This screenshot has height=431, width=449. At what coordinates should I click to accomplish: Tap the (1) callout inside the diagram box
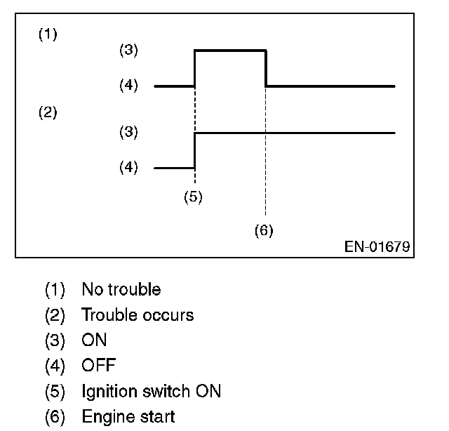(47, 34)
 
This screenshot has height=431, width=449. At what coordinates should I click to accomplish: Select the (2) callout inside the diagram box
(47, 112)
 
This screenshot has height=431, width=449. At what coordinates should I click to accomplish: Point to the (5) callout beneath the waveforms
(193, 197)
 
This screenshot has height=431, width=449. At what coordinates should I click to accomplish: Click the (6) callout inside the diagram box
(264, 230)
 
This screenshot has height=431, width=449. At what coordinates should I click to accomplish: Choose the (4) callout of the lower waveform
(129, 168)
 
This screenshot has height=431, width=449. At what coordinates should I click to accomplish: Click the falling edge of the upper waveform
(266, 68)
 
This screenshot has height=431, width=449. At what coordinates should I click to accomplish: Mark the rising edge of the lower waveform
(194, 150)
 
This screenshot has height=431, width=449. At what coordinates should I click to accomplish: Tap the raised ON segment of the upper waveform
(230, 50)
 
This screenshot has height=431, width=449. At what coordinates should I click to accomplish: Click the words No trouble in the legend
(121, 289)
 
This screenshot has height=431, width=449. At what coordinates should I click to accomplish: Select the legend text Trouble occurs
(138, 314)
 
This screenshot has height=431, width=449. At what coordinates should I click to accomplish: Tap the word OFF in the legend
(98, 365)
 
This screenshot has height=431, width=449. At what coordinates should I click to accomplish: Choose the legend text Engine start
(128, 417)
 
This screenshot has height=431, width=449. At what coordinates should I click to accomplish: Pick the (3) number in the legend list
(55, 340)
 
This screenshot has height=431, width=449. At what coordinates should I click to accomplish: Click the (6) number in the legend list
(55, 417)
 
